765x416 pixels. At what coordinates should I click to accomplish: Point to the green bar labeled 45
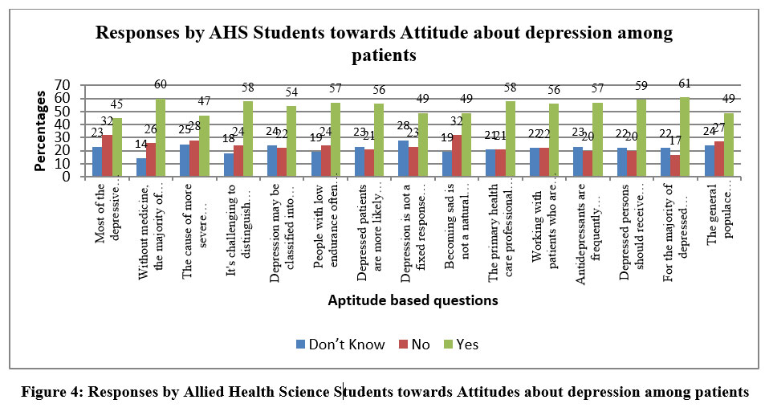[x=118, y=148]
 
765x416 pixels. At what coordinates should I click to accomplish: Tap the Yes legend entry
[x=460, y=345]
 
